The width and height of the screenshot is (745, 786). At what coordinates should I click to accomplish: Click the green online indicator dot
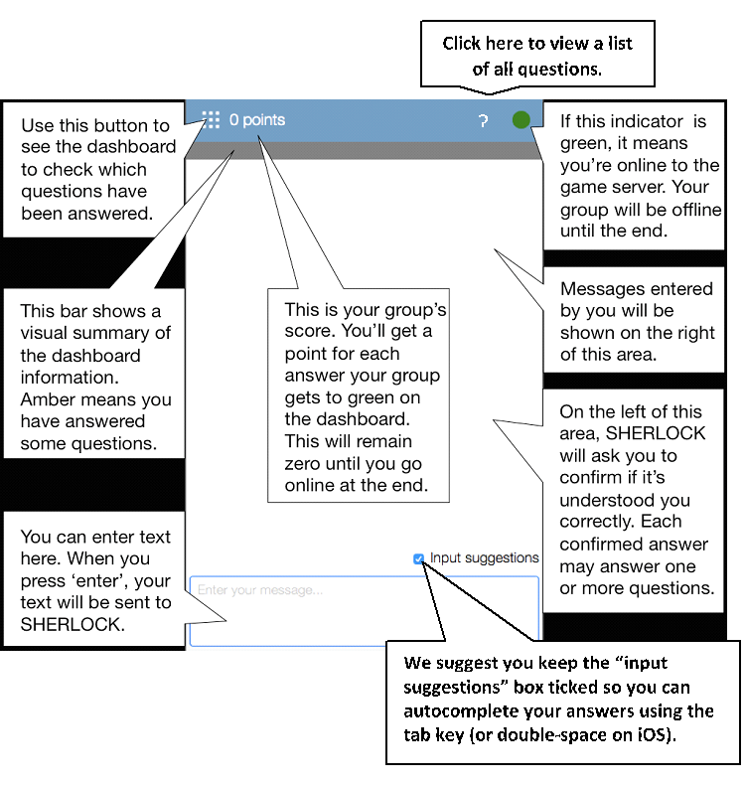[521, 120]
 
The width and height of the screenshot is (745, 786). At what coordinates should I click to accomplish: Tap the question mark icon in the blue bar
[483, 121]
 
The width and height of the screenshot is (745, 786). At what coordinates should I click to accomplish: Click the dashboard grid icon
[211, 120]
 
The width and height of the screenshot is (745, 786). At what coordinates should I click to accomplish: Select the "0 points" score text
[257, 120]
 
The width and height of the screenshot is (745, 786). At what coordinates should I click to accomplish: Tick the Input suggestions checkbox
[419, 558]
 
